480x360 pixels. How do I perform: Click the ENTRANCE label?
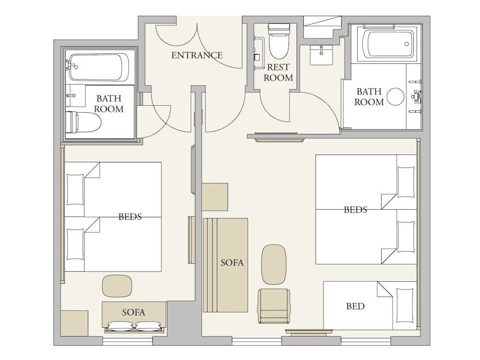click(x=197, y=55)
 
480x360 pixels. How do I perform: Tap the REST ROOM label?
click(x=278, y=72)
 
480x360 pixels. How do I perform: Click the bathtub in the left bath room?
click(x=99, y=67)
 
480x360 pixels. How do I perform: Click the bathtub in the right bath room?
click(x=387, y=45)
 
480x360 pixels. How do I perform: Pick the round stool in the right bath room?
click(x=396, y=96)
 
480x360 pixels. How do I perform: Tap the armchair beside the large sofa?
click(x=274, y=305)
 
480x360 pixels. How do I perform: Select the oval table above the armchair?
click(x=274, y=264)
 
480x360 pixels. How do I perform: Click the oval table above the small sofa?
click(x=117, y=286)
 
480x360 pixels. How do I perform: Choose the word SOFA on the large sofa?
click(x=232, y=263)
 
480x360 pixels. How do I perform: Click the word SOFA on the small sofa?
click(x=133, y=312)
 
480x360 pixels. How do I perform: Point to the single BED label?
click(x=355, y=306)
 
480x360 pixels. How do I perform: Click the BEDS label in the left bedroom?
click(x=130, y=216)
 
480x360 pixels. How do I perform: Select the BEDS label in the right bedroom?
click(x=356, y=210)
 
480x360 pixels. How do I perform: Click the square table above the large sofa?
click(x=215, y=197)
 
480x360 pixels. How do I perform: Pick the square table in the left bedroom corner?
click(x=74, y=323)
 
